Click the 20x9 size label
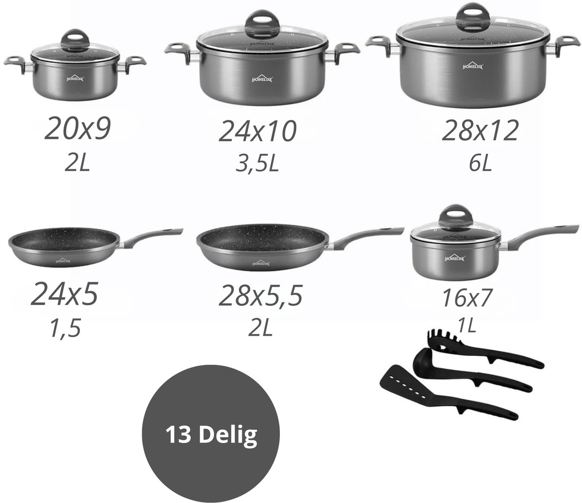pos(78,130)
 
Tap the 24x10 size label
pos(258,131)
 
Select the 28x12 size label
pos(480,130)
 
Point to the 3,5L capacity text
pos(257,164)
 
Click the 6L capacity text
pos(480,163)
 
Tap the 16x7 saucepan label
pos(467,298)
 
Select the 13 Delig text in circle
pos(211,435)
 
